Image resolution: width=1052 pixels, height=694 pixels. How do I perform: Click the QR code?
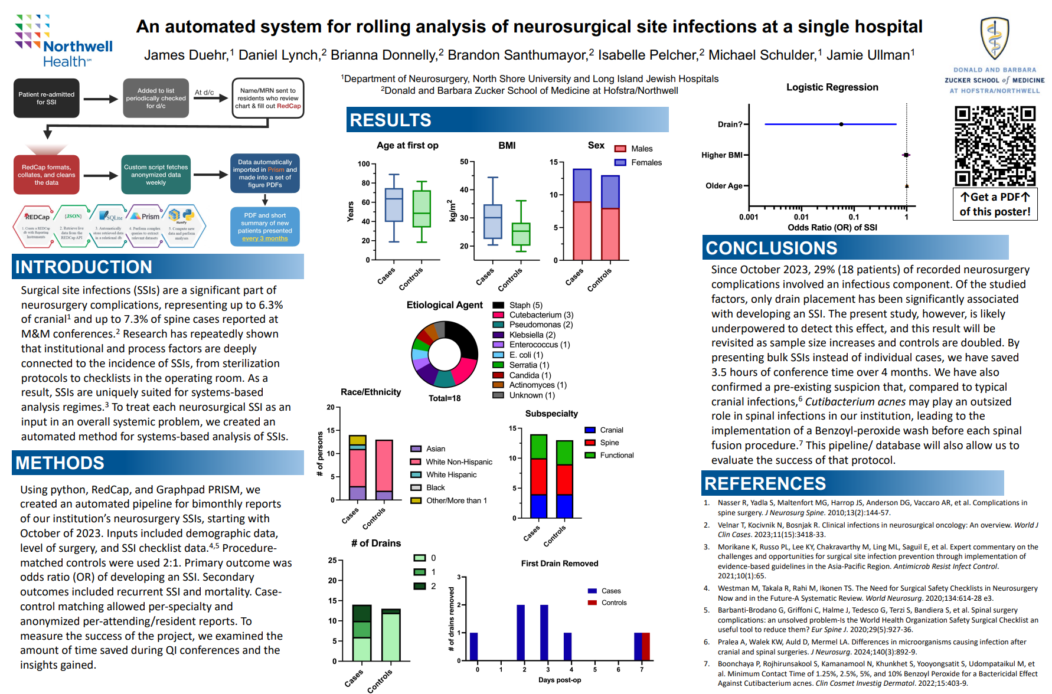tap(995, 146)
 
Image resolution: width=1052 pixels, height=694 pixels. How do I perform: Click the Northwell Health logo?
tap(63, 41)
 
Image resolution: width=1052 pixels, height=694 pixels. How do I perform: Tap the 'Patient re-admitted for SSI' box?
tap(46, 98)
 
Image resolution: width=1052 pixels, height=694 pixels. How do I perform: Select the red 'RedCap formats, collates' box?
tap(46, 175)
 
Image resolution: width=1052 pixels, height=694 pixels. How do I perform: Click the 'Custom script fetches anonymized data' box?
tap(156, 175)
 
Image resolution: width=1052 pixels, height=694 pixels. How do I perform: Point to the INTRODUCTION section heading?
tap(84, 267)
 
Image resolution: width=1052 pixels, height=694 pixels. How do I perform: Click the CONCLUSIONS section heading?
tap(772, 248)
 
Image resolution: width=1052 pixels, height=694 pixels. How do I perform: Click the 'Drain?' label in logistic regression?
tap(730, 125)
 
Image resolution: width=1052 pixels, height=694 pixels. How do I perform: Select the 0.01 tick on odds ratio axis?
tap(801, 217)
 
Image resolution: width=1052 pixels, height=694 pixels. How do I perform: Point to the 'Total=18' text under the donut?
tap(445, 398)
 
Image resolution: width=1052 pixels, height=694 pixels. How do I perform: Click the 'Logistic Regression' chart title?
tap(832, 87)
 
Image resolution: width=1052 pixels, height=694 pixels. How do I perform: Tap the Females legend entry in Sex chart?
tap(646, 162)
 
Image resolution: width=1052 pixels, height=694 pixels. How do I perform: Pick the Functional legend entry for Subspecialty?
tap(616, 455)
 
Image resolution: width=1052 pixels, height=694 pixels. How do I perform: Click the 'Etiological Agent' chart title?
tap(445, 305)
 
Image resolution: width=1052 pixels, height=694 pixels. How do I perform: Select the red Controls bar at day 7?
tap(646, 646)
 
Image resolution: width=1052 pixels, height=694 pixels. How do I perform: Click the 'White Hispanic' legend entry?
tap(451, 474)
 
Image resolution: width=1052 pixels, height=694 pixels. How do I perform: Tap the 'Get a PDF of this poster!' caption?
tap(995, 204)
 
